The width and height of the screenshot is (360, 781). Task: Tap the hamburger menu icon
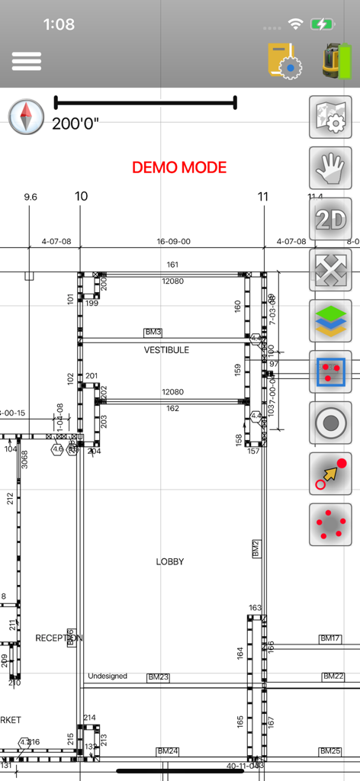coord(26,61)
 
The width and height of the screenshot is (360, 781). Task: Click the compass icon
coord(27,117)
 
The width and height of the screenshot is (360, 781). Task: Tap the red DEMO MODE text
coord(179,167)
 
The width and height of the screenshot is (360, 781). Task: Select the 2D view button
coord(330,219)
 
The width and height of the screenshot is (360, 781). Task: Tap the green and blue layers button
coord(330,321)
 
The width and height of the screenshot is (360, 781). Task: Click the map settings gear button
coord(330,117)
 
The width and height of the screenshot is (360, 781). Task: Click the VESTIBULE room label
coord(166,350)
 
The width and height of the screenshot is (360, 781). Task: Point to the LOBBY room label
coord(170,561)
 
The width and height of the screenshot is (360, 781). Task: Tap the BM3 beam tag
coord(153,333)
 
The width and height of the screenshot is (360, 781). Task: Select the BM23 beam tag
coord(158,677)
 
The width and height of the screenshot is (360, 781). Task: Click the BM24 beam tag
coord(167,751)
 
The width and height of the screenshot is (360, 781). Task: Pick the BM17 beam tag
coord(329,638)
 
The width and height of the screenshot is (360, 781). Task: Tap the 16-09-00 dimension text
coord(173,242)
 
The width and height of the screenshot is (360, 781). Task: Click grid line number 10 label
coord(81,197)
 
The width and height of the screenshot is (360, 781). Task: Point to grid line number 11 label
coord(263,197)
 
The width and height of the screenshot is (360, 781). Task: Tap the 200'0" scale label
coord(75,124)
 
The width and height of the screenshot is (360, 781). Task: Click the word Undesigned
coord(108,677)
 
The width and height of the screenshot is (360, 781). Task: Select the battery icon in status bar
coord(323,24)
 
